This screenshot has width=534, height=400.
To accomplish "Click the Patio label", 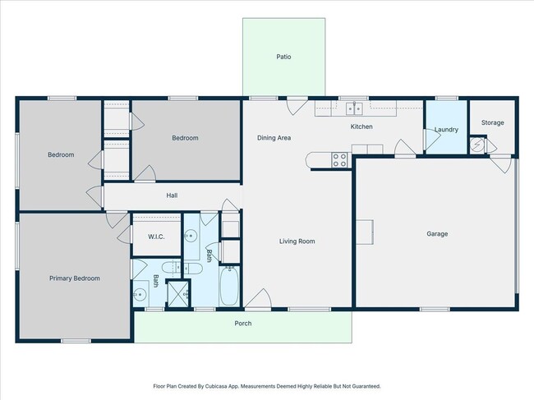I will pyautogui.click(x=283, y=57).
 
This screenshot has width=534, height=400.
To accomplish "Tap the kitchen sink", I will pyautogui.click(x=356, y=107).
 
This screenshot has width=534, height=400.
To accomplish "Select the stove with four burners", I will pyautogui.click(x=338, y=160).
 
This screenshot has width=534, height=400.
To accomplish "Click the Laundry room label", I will pyautogui.click(x=446, y=130).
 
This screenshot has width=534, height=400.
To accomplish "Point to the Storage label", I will pyautogui.click(x=492, y=122).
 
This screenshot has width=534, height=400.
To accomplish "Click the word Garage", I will pyautogui.click(x=436, y=234).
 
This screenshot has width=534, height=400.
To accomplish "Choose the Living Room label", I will pyautogui.click(x=297, y=241).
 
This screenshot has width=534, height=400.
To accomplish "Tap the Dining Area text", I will pyautogui.click(x=274, y=138).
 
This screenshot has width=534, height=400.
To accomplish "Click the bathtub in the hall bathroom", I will pyautogui.click(x=231, y=287).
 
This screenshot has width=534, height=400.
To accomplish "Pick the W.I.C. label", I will pyautogui.click(x=157, y=237).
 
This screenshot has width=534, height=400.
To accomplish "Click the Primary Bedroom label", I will pyautogui.click(x=74, y=278).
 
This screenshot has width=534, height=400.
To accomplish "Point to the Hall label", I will pyautogui.click(x=172, y=195).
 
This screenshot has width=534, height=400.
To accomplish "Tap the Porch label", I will pyautogui.click(x=243, y=324).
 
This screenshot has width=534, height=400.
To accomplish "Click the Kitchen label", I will pyautogui.click(x=361, y=126).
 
